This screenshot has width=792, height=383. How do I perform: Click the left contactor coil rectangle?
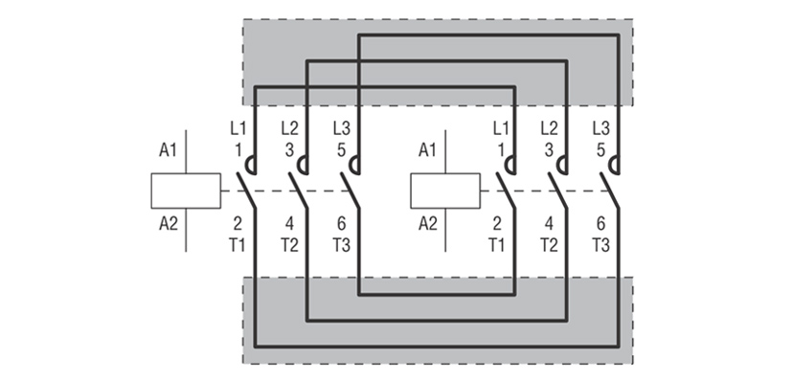click(186, 191)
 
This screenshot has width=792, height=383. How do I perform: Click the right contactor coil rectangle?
click(445, 191)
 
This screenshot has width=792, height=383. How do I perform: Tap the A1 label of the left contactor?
click(169, 149)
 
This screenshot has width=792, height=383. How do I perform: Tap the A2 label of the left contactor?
click(169, 225)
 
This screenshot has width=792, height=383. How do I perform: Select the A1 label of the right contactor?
click(428, 149)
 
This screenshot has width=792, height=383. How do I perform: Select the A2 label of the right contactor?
click(428, 225)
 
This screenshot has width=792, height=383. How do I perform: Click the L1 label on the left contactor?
click(238, 127)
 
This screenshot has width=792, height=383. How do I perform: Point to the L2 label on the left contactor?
click(290, 127)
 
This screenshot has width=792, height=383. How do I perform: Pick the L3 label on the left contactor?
click(342, 127)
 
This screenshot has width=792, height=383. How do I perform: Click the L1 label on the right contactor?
click(499, 127)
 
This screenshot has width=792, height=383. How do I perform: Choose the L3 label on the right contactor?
click(601, 127)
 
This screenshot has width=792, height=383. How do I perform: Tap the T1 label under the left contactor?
click(238, 245)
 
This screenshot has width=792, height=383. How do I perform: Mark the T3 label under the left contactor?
click(342, 245)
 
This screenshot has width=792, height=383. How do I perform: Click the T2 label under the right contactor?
click(549, 245)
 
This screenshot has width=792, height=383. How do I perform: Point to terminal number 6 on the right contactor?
click(600, 225)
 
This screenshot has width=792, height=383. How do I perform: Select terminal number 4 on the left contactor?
click(289, 225)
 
